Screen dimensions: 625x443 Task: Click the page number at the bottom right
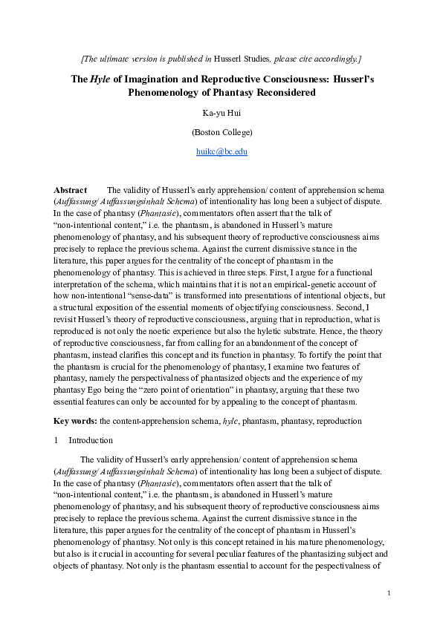389,592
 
